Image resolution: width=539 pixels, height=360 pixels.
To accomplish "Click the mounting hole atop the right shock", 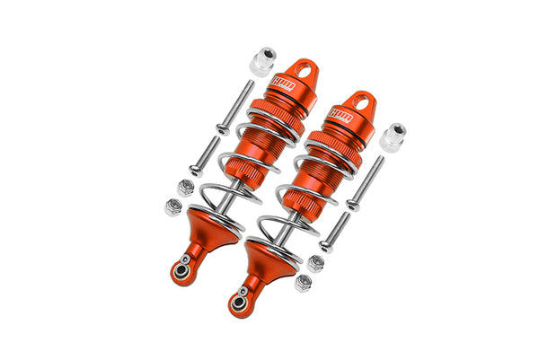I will tap(359, 100).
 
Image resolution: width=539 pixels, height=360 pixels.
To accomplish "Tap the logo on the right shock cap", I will tap(341, 115).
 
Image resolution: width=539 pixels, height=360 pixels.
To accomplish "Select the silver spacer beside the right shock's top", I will tap(392, 137).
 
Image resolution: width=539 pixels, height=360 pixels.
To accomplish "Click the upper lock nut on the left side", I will tap(183, 187).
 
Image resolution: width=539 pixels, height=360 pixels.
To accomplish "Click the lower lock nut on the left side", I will tap(172, 206).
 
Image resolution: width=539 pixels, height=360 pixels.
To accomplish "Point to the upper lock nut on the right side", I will tap(316, 262).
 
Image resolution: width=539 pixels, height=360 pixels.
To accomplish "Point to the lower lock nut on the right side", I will tap(304, 283).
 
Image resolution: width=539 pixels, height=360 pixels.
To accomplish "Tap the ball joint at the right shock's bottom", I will tap(240, 303).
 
